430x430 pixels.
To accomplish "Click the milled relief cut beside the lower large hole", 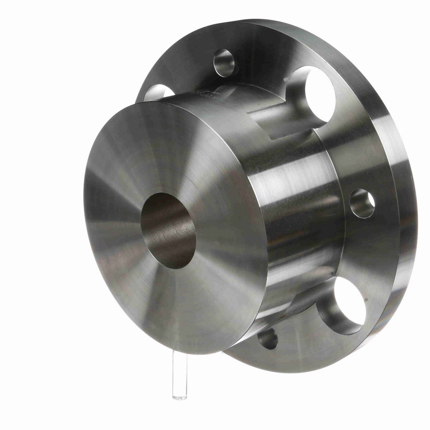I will point(297,305).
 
